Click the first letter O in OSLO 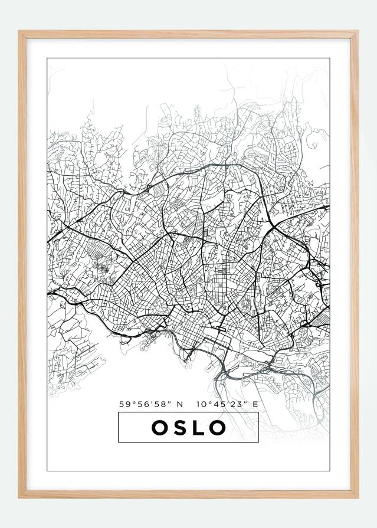(160, 428)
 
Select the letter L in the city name (198, 428)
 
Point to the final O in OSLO (218, 428)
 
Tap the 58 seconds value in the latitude (156, 405)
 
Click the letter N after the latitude (180, 405)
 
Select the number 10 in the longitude (201, 405)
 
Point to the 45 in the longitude (217, 405)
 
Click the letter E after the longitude (255, 405)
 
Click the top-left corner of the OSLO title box (119, 413)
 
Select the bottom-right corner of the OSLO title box (258, 442)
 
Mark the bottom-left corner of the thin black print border (47, 471)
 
